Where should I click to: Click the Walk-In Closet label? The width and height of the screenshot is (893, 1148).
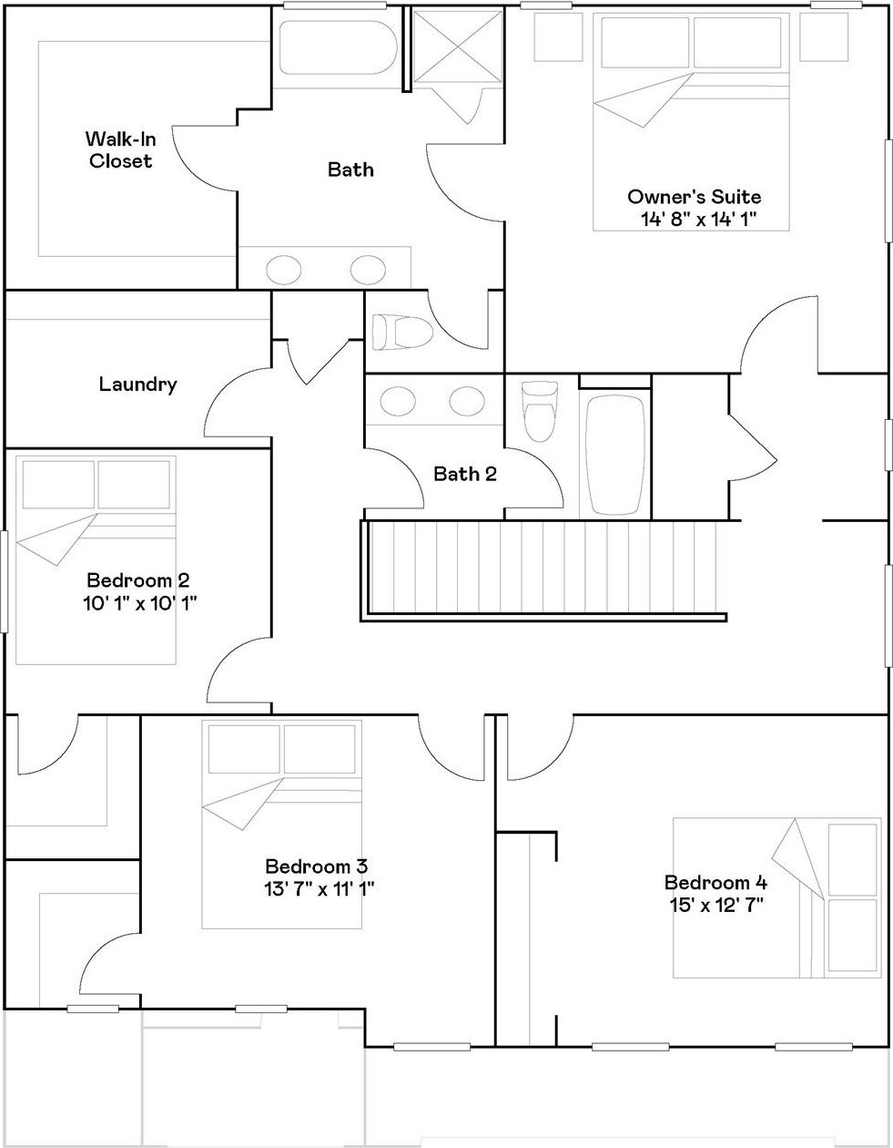(121, 150)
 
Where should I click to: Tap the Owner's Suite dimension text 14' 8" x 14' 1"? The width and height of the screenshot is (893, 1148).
(699, 219)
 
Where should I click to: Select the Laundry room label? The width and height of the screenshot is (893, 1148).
(137, 384)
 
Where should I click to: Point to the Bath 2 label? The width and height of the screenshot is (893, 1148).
(465, 474)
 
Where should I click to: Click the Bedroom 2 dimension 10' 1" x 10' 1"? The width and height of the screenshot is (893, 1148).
(140, 603)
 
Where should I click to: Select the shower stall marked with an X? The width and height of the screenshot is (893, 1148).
(458, 47)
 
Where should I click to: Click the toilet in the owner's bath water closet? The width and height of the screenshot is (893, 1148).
(402, 333)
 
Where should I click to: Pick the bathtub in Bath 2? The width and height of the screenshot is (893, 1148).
(615, 456)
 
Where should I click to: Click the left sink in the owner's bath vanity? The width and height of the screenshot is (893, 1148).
(283, 270)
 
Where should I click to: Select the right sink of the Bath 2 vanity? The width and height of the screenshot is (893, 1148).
(467, 401)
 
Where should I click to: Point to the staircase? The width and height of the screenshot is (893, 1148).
(544, 568)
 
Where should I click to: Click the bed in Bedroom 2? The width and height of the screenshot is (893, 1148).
(96, 560)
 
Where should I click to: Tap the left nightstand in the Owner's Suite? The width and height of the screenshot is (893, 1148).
(558, 36)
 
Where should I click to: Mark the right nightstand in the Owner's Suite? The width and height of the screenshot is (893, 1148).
(825, 36)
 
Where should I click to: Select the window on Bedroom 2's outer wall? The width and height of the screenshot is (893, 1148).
(5, 581)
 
